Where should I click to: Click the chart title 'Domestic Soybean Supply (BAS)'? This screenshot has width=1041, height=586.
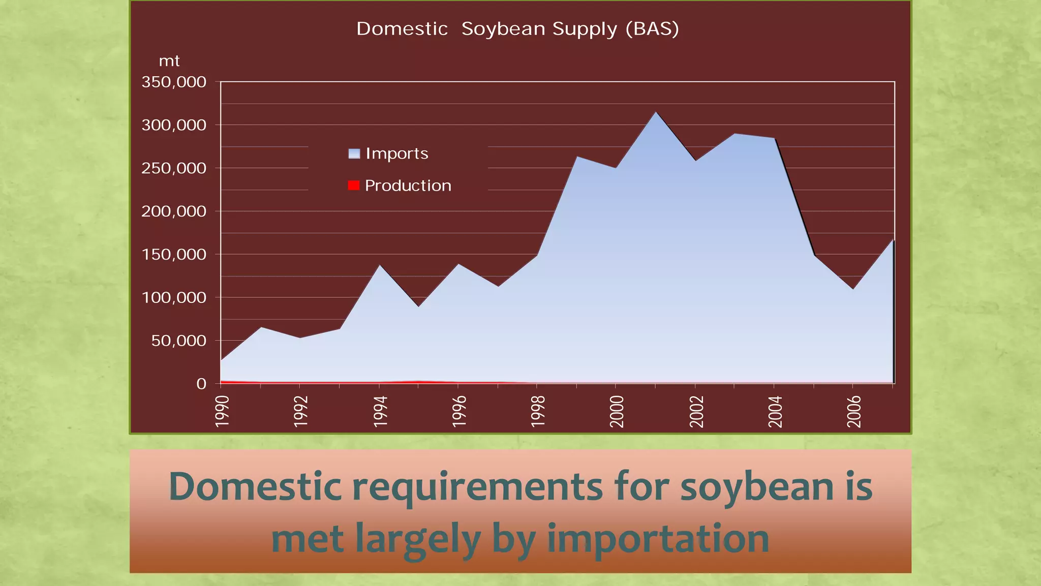(x=517, y=29)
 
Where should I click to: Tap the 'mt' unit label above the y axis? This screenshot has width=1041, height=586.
(x=169, y=61)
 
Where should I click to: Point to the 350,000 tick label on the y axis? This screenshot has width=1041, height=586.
(x=174, y=82)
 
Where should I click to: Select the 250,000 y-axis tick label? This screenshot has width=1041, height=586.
(x=174, y=168)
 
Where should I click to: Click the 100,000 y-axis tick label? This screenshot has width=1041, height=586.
(x=174, y=298)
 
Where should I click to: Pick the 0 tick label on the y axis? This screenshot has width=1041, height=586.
(x=201, y=384)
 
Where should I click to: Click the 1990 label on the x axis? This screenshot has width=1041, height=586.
(x=222, y=411)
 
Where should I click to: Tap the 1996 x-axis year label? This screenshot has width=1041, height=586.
(x=459, y=411)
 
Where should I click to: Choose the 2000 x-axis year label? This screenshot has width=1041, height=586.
(x=617, y=411)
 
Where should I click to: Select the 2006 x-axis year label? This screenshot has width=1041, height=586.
(x=854, y=411)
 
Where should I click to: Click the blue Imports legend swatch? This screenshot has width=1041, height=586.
(x=354, y=153)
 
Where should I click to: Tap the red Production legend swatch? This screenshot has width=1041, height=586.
(x=354, y=186)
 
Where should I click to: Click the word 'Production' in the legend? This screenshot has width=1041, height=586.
(x=408, y=186)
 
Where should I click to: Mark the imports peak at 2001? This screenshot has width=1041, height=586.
(x=656, y=112)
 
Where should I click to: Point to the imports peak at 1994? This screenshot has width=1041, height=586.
(x=379, y=265)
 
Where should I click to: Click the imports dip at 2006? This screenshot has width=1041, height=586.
(x=853, y=289)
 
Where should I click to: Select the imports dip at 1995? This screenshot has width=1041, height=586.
(x=418, y=306)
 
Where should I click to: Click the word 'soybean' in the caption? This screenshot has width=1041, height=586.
(x=757, y=487)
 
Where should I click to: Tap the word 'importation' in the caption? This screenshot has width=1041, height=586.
(x=658, y=539)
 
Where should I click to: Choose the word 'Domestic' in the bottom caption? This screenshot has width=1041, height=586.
(x=255, y=487)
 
